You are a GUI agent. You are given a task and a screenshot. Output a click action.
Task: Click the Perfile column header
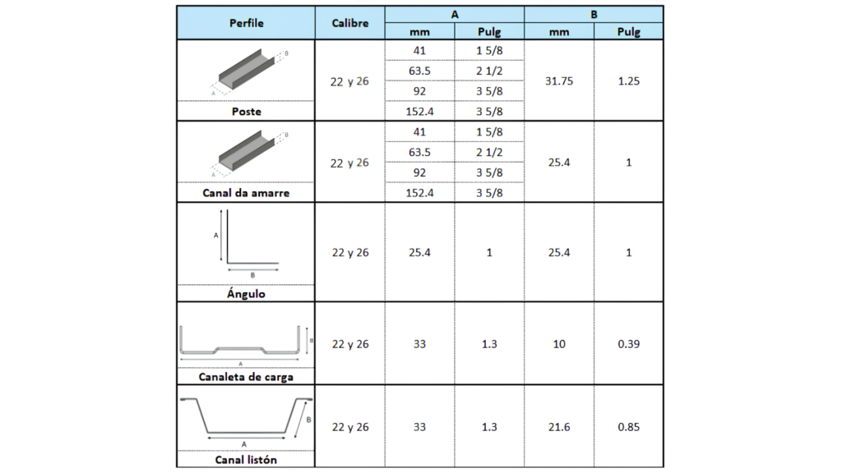(x=247, y=23)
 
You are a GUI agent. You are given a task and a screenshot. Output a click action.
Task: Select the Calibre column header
(x=350, y=23)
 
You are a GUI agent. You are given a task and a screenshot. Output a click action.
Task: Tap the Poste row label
(x=247, y=112)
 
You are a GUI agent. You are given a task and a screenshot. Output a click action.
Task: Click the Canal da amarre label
(x=246, y=193)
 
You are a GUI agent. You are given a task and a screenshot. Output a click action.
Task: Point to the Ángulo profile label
(x=246, y=293)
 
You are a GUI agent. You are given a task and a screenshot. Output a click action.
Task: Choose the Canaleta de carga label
(x=246, y=376)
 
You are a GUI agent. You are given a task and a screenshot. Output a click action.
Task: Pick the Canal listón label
(x=246, y=460)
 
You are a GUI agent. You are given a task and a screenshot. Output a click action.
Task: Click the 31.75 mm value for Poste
(x=559, y=81)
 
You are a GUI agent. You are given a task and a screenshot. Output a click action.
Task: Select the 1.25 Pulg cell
(x=629, y=81)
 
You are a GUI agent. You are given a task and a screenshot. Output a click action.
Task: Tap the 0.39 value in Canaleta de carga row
(x=629, y=344)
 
